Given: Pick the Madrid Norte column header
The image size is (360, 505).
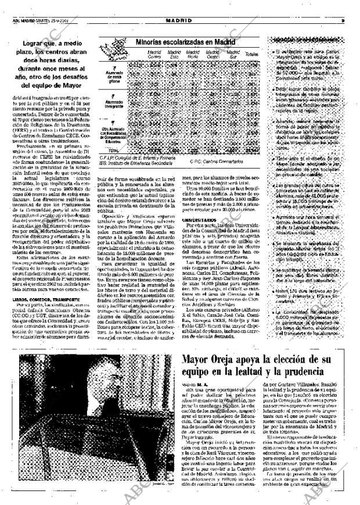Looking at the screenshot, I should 192,54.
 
